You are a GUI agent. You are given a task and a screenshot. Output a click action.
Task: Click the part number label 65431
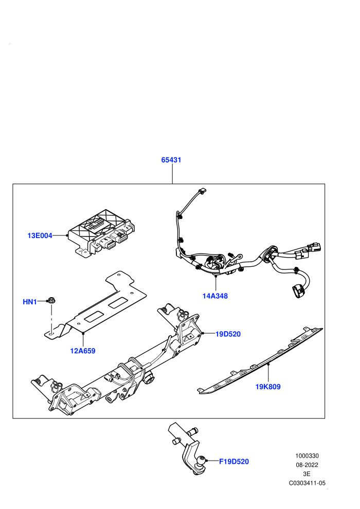pos(171,160)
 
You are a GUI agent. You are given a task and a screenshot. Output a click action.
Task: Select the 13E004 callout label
pos(40,235)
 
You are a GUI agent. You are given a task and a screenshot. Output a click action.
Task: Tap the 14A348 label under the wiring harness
pos(215,296)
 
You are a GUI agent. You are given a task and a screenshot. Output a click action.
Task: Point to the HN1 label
pos(29,302)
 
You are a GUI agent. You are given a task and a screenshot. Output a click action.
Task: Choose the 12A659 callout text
pos(83,351)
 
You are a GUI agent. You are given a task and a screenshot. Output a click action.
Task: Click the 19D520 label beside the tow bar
pos(228,334)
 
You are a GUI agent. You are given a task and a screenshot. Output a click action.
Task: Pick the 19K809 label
pos(268,387)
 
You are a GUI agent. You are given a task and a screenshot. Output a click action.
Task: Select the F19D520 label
pos(234,462)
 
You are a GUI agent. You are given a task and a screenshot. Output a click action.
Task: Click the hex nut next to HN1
pos(51,300)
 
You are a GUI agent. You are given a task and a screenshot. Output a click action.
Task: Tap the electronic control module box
pos(101,233)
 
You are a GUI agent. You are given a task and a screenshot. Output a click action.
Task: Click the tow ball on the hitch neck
pos(201,461)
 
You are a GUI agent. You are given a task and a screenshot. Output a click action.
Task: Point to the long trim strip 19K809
pos(260,361)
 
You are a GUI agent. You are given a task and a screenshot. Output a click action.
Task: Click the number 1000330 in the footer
pos(307,456)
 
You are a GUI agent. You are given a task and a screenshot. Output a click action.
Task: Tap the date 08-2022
pos(307,465)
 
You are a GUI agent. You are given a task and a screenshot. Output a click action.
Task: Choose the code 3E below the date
pos(307,474)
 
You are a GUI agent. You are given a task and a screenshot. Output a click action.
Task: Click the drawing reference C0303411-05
pos(307,483)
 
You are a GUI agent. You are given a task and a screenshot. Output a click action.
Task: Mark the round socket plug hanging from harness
pos(298,290)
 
